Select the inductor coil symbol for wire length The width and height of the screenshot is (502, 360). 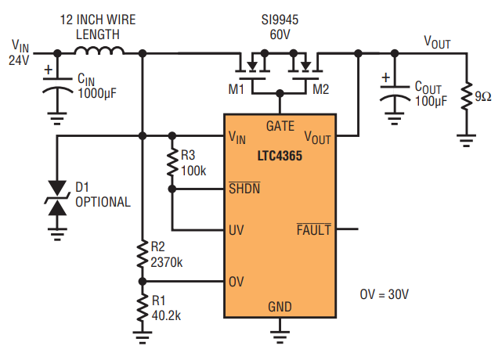99,53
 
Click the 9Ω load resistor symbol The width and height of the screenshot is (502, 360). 467,98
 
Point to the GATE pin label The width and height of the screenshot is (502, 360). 280,125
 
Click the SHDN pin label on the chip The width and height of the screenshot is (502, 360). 244,189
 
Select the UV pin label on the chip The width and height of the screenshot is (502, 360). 237,231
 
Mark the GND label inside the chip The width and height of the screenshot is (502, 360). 280,306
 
